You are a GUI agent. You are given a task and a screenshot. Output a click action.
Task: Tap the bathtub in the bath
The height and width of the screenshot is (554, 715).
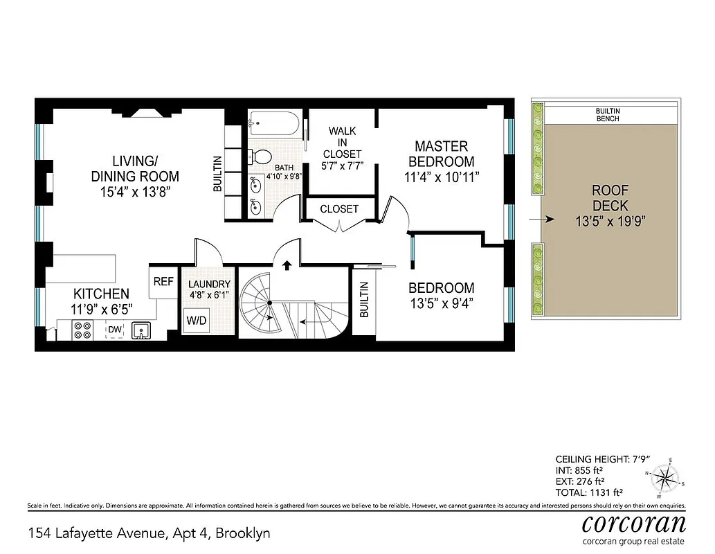coord(274,125)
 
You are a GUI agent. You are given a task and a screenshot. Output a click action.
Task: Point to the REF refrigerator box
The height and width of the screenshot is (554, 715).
coord(163,282)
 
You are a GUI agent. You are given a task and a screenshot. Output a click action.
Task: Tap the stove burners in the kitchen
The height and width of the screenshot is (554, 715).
coord(82,330)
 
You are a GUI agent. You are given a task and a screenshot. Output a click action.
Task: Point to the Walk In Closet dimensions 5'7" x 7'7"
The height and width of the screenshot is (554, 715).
coord(342,166)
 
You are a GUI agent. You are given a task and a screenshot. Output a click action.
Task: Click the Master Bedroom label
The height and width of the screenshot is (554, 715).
coord(441,154)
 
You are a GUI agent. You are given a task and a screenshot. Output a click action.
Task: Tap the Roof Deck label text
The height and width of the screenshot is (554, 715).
coord(610,198)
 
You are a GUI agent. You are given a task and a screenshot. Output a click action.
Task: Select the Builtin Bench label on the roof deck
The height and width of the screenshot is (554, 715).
coord(607,114)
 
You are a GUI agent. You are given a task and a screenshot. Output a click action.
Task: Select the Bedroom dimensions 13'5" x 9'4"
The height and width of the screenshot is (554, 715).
coord(441,303)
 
